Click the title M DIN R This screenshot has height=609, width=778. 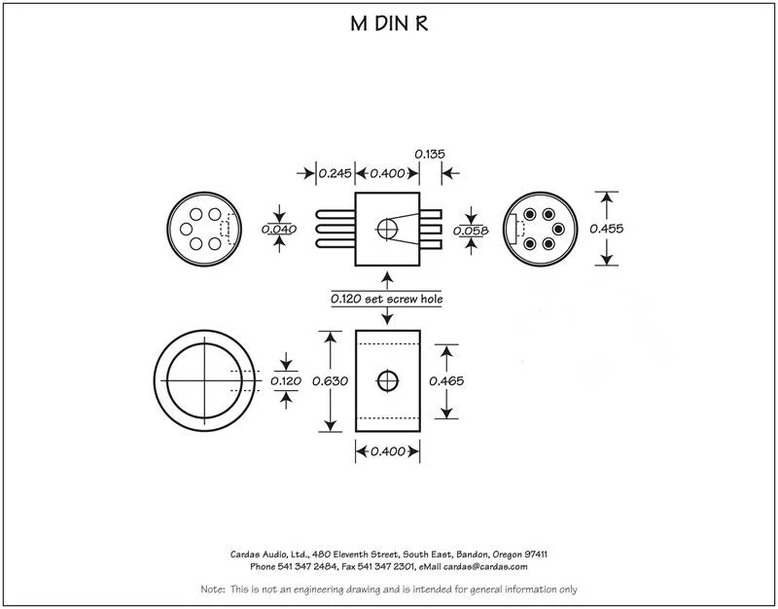pos(389,24)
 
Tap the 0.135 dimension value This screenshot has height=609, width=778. pos(431,154)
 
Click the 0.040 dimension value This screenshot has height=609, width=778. pos(279,230)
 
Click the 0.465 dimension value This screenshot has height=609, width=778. pos(446,380)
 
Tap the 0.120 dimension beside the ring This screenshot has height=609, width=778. pos(286,380)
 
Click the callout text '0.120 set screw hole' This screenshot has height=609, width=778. pos(387,300)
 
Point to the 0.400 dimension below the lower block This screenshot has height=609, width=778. pos(387,451)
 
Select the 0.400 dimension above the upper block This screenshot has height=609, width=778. pos(387,173)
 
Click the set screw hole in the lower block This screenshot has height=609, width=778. pos(388,379)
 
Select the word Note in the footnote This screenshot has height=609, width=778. pos(212,590)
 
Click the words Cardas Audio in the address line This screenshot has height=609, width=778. pos(251,553)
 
